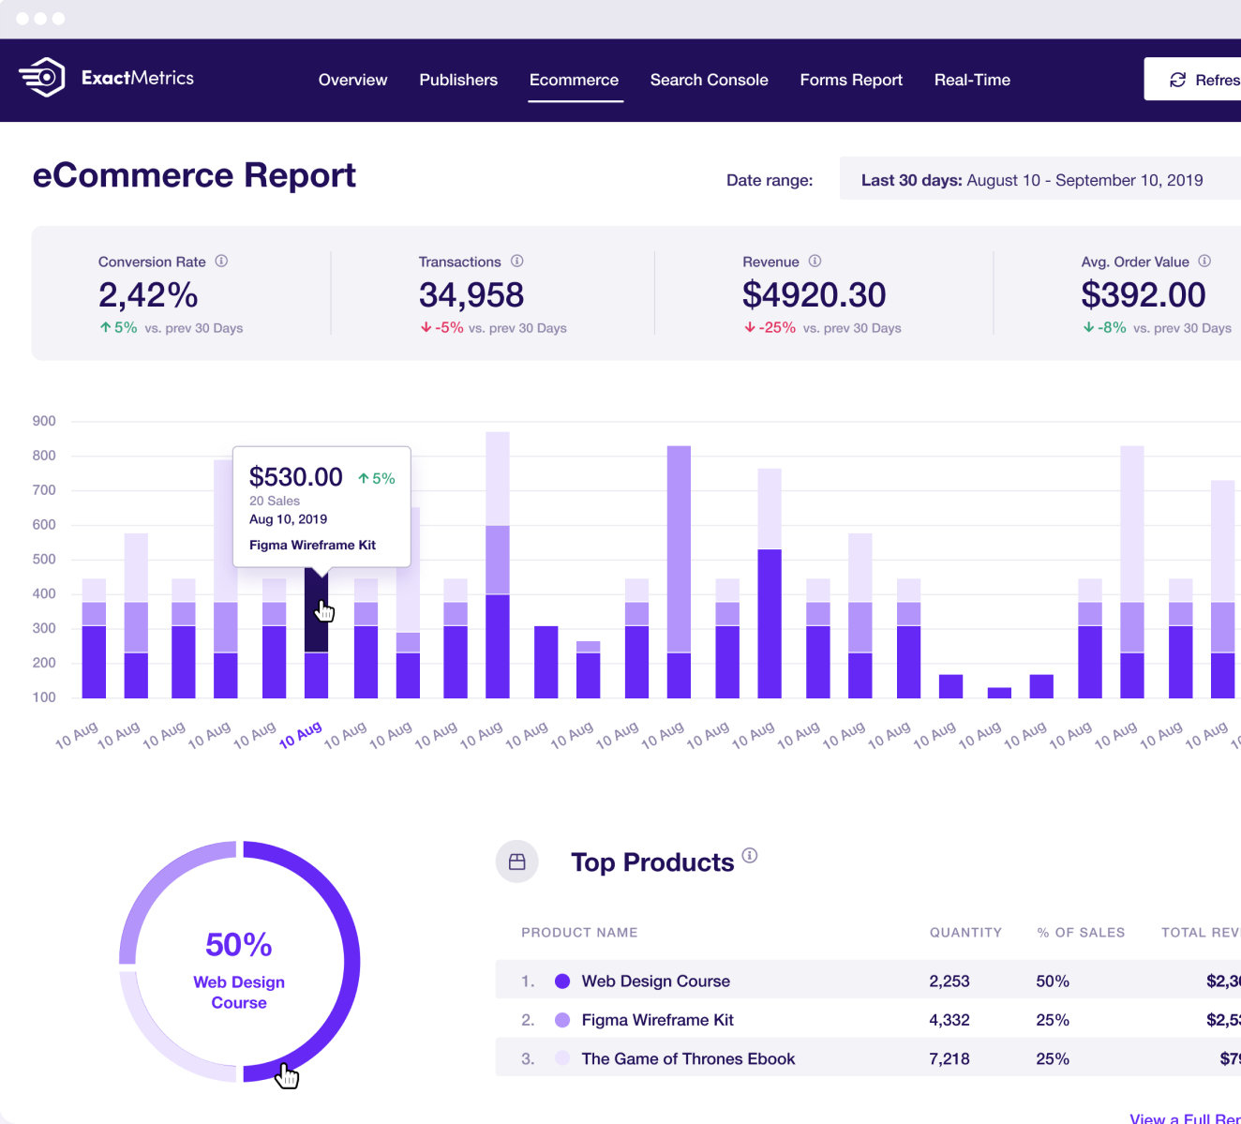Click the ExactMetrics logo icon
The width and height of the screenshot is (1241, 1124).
click(42, 78)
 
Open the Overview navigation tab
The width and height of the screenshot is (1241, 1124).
click(352, 80)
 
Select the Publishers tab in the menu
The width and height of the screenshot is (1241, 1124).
click(458, 80)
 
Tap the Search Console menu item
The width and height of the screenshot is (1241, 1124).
click(709, 80)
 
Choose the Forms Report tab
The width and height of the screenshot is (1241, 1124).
click(851, 80)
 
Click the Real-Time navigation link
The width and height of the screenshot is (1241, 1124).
click(972, 80)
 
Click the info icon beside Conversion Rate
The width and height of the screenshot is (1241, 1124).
click(221, 262)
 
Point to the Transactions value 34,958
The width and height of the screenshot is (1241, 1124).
click(471, 295)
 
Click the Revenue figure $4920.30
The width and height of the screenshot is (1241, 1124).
click(814, 295)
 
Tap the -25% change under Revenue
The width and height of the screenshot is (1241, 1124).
click(776, 328)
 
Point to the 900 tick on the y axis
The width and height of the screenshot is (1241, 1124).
click(44, 421)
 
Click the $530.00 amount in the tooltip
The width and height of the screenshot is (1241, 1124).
click(295, 477)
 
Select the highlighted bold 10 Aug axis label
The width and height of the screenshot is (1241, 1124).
click(300, 735)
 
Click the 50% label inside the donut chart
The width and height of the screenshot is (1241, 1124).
click(238, 945)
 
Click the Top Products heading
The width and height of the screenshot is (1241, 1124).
click(652, 862)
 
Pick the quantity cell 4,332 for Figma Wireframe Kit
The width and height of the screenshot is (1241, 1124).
click(949, 1020)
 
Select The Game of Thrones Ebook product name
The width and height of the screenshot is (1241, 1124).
click(688, 1058)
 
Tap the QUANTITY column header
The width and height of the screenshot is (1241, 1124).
click(965, 933)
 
